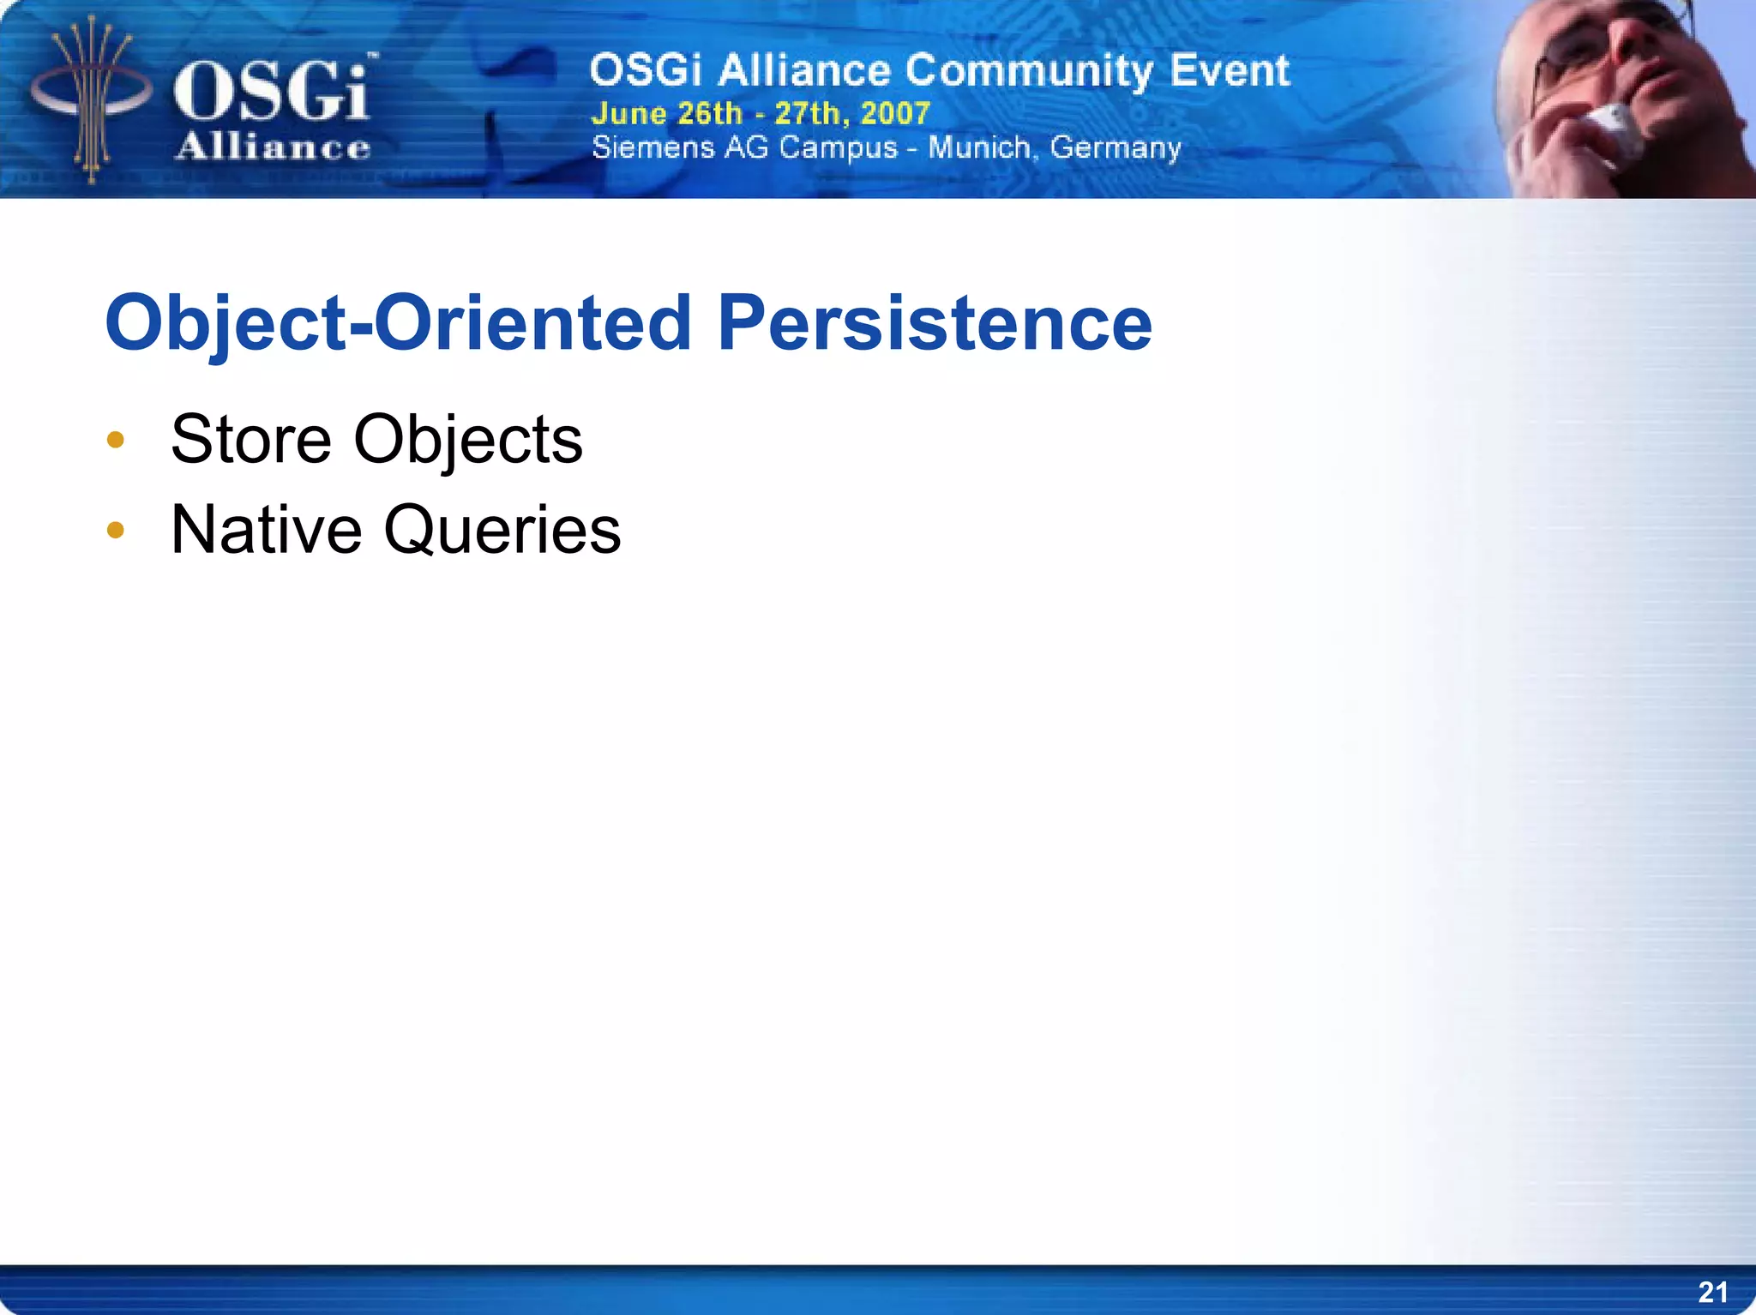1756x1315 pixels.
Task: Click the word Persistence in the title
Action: click(935, 323)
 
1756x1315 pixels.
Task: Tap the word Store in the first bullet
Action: click(250, 440)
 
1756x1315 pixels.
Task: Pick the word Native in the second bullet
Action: click(266, 530)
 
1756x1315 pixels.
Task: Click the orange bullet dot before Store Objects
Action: click(116, 441)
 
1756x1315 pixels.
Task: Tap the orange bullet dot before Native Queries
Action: click(116, 531)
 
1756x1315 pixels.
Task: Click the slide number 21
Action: click(1712, 1292)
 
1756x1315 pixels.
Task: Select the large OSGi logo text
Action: click(273, 90)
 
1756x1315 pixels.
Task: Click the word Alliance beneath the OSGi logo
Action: click(273, 147)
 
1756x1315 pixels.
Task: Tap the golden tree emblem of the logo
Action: click(91, 99)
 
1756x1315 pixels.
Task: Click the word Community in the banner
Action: click(1029, 70)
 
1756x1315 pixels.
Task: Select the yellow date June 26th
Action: click(666, 113)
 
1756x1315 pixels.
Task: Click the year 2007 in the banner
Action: click(895, 113)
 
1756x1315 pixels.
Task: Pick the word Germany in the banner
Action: click(1116, 148)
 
